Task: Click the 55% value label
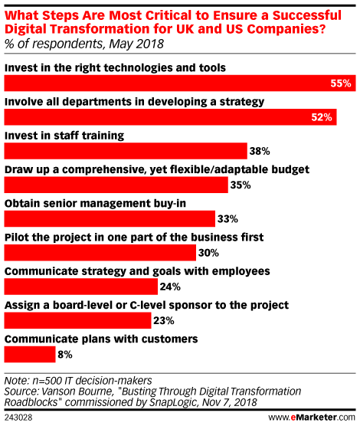tap(341, 84)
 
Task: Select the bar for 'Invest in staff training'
tap(126, 151)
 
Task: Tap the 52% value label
tap(322, 117)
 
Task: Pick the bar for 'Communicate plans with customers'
tap(30, 355)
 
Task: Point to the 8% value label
tap(65, 355)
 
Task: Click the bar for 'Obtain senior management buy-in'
tap(110, 218)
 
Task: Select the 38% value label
tap(260, 151)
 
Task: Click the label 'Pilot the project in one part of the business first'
tap(134, 238)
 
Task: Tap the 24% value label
tap(170, 287)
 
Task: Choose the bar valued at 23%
tap(77, 320)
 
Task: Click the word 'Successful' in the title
tap(306, 15)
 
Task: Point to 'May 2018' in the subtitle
tap(136, 44)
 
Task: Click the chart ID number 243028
tap(18, 418)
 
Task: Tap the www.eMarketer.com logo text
tap(312, 418)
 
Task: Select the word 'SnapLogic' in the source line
tap(173, 402)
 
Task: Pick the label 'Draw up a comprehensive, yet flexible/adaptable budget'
tap(157, 169)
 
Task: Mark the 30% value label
tap(208, 253)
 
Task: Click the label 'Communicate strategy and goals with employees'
tap(137, 271)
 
